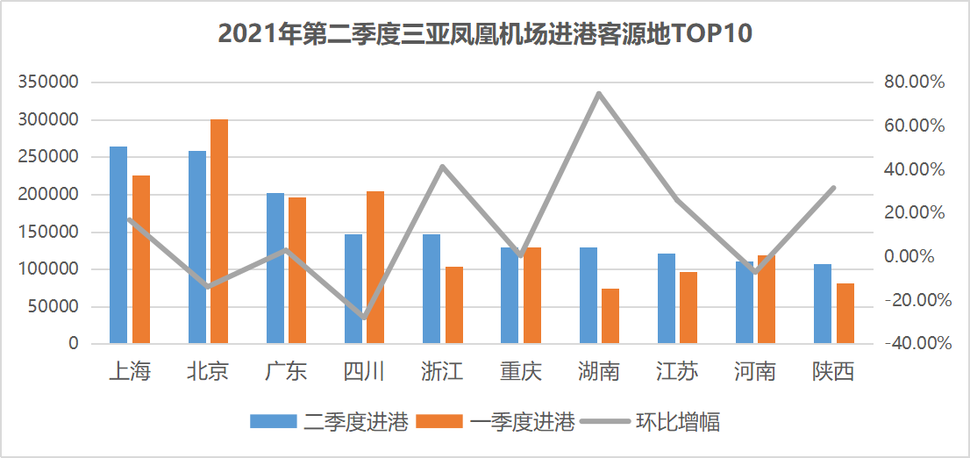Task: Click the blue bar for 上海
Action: pyautogui.click(x=118, y=245)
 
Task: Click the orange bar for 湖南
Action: pyautogui.click(x=610, y=316)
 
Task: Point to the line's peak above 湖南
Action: pyautogui.click(x=598, y=93)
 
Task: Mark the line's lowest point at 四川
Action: pyautogui.click(x=363, y=317)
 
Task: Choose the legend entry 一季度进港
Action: pyautogui.click(x=496, y=422)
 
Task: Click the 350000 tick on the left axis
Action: pyautogui.click(x=49, y=82)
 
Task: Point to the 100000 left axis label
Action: pyautogui.click(x=49, y=269)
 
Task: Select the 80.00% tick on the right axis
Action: pyautogui.click(x=914, y=82)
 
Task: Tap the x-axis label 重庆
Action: pyautogui.click(x=521, y=372)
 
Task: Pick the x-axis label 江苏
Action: pyautogui.click(x=677, y=372)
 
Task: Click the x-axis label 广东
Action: pyautogui.click(x=286, y=372)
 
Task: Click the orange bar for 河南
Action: pyautogui.click(x=767, y=299)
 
